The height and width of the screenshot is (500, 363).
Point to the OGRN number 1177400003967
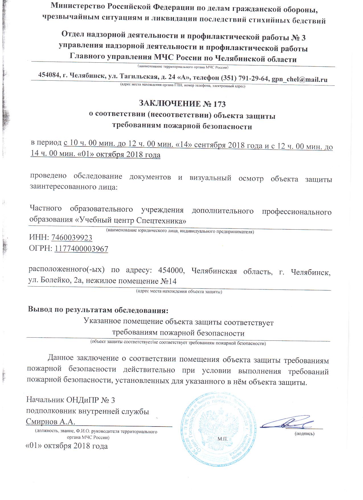pyautogui.click(x=81, y=249)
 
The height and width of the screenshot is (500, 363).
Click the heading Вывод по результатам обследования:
pyautogui.click(x=98, y=310)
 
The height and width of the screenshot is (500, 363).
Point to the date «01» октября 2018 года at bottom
pyautogui.click(x=67, y=446)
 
